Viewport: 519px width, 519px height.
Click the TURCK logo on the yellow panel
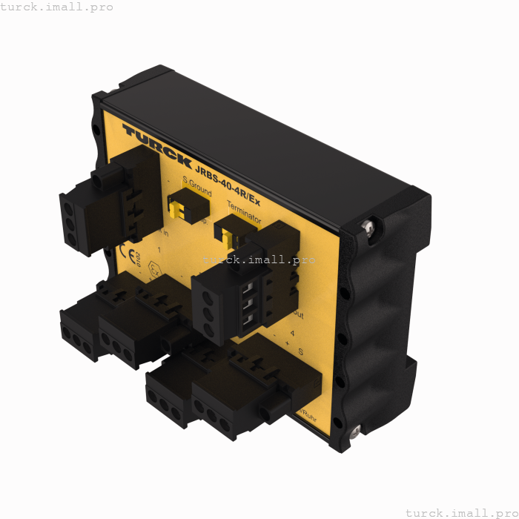tap(156, 145)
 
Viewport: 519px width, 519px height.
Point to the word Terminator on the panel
tap(244, 213)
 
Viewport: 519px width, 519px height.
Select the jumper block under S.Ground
tap(182, 208)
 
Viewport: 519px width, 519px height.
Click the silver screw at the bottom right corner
tap(355, 430)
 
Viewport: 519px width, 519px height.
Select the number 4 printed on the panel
tap(292, 334)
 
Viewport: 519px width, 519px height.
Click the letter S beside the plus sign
tap(300, 351)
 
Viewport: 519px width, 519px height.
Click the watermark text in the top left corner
tap(57, 7)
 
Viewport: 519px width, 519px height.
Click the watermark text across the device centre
tap(259, 260)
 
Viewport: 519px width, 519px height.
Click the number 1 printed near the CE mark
tap(160, 249)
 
